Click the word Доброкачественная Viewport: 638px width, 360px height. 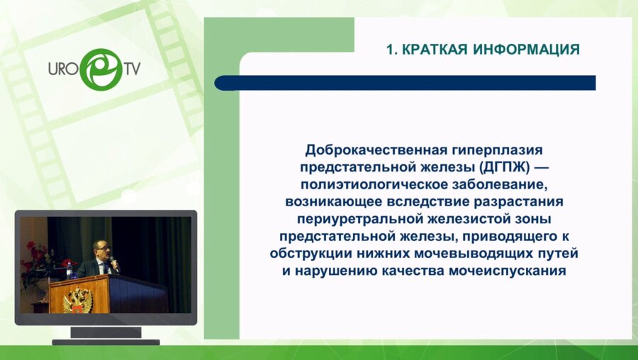(x=374, y=150)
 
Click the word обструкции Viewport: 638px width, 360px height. (x=306, y=253)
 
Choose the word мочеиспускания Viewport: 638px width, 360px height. (x=522, y=270)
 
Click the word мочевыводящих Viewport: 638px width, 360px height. (x=490, y=253)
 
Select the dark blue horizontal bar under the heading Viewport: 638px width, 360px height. (x=405, y=83)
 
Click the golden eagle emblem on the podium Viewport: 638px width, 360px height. (x=78, y=299)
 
